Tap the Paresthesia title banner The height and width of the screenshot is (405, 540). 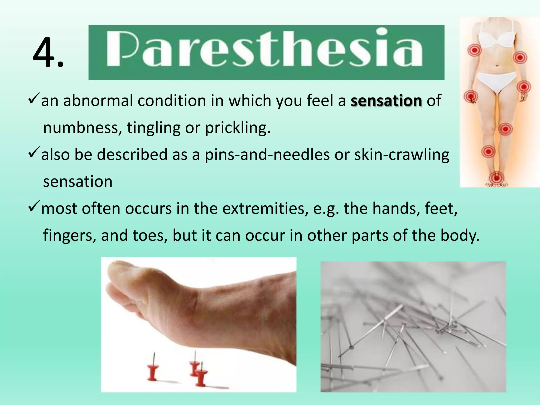tap(266, 52)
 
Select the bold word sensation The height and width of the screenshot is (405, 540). tap(386, 101)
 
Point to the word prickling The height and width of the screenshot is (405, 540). tap(238, 128)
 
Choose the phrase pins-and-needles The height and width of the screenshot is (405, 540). tap(267, 155)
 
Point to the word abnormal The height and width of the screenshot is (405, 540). tap(98, 101)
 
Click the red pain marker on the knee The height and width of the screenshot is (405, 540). tap(505, 129)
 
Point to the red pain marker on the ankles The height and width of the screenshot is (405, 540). tap(496, 176)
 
